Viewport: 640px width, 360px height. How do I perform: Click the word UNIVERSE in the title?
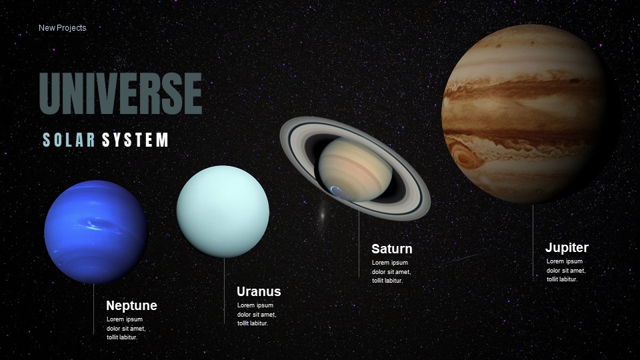[x=121, y=94]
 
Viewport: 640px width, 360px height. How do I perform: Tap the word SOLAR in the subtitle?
[x=69, y=140]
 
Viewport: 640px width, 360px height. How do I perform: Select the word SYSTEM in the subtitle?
[x=135, y=140]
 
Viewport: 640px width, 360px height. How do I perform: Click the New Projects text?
[x=62, y=28]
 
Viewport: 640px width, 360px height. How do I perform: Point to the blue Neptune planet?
[x=95, y=231]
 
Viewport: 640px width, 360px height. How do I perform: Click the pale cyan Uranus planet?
[x=223, y=211]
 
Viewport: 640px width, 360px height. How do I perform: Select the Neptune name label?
[x=131, y=306]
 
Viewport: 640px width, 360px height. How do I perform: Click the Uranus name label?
[x=259, y=292]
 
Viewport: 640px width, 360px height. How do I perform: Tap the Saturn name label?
[x=391, y=249]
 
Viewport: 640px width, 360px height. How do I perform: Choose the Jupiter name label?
[x=567, y=248]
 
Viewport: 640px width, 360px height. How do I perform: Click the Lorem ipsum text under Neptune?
[x=126, y=329]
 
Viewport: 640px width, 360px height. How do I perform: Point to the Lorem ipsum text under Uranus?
[x=257, y=314]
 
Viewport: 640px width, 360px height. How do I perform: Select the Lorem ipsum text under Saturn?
[x=391, y=271]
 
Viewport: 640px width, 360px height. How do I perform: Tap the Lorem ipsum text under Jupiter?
[x=565, y=270]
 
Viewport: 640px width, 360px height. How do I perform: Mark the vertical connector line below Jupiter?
[x=533, y=240]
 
